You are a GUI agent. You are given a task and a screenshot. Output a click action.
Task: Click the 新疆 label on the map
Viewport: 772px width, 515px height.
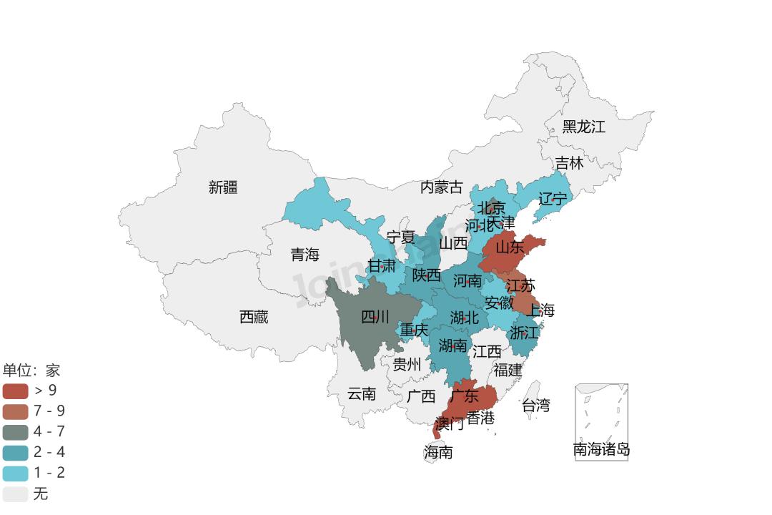click(223, 187)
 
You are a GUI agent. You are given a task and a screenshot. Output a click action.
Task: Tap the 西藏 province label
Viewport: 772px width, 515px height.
click(254, 317)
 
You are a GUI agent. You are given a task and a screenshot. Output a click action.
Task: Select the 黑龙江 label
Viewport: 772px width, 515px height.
click(583, 127)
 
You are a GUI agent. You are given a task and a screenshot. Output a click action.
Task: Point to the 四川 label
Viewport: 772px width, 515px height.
click(375, 317)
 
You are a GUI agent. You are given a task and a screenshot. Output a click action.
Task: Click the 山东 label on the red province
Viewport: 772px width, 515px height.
click(510, 247)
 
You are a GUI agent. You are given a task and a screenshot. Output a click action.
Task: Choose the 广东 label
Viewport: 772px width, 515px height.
click(465, 396)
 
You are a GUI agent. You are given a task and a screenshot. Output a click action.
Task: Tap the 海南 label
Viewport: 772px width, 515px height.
click(438, 452)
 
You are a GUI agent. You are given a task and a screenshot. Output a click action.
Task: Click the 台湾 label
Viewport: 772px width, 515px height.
click(536, 406)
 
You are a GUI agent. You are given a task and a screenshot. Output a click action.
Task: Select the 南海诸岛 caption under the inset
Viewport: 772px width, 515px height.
click(602, 450)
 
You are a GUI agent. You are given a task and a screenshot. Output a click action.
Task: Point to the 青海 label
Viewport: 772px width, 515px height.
click(305, 255)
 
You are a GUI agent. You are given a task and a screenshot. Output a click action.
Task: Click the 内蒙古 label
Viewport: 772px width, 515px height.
click(442, 187)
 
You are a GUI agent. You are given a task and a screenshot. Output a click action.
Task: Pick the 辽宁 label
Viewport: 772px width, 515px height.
click(553, 198)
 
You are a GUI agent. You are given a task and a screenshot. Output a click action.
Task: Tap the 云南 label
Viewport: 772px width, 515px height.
click(362, 393)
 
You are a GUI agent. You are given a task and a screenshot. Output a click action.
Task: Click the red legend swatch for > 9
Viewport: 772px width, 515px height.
click(15, 391)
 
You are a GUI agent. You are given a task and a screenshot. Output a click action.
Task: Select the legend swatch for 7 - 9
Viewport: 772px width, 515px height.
click(15, 411)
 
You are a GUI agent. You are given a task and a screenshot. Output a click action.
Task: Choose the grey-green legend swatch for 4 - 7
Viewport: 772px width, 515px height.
click(15, 432)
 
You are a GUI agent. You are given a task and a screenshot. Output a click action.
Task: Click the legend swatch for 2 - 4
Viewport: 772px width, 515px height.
click(15, 453)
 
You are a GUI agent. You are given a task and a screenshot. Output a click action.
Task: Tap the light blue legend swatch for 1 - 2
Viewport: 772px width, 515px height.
click(15, 474)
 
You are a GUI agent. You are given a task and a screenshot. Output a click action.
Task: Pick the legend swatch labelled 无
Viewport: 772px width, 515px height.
click(15, 494)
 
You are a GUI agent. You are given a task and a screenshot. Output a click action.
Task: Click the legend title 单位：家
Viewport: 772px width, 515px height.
click(31, 371)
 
